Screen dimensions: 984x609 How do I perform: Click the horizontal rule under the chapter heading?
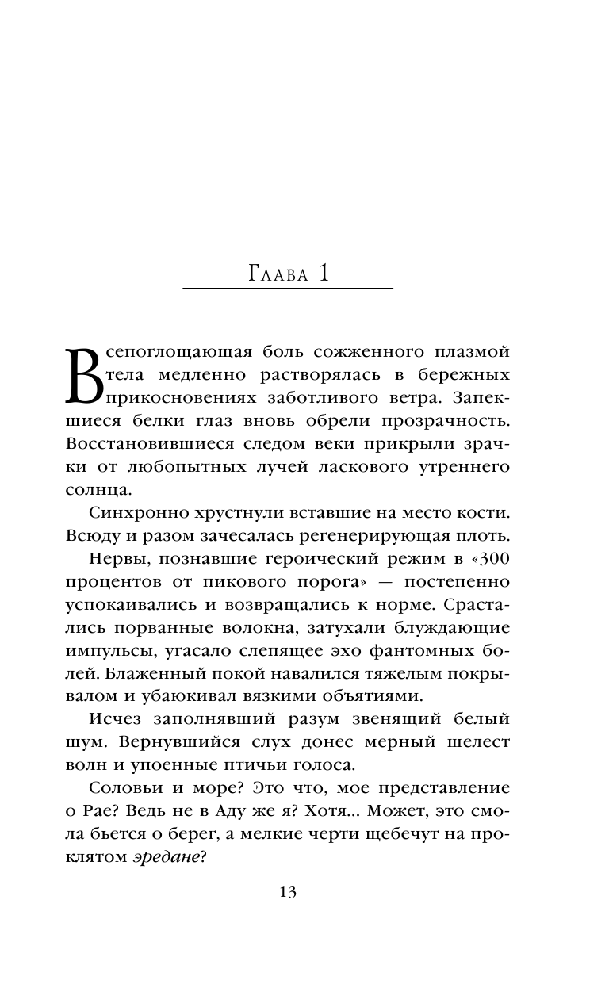[x=287, y=287]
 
